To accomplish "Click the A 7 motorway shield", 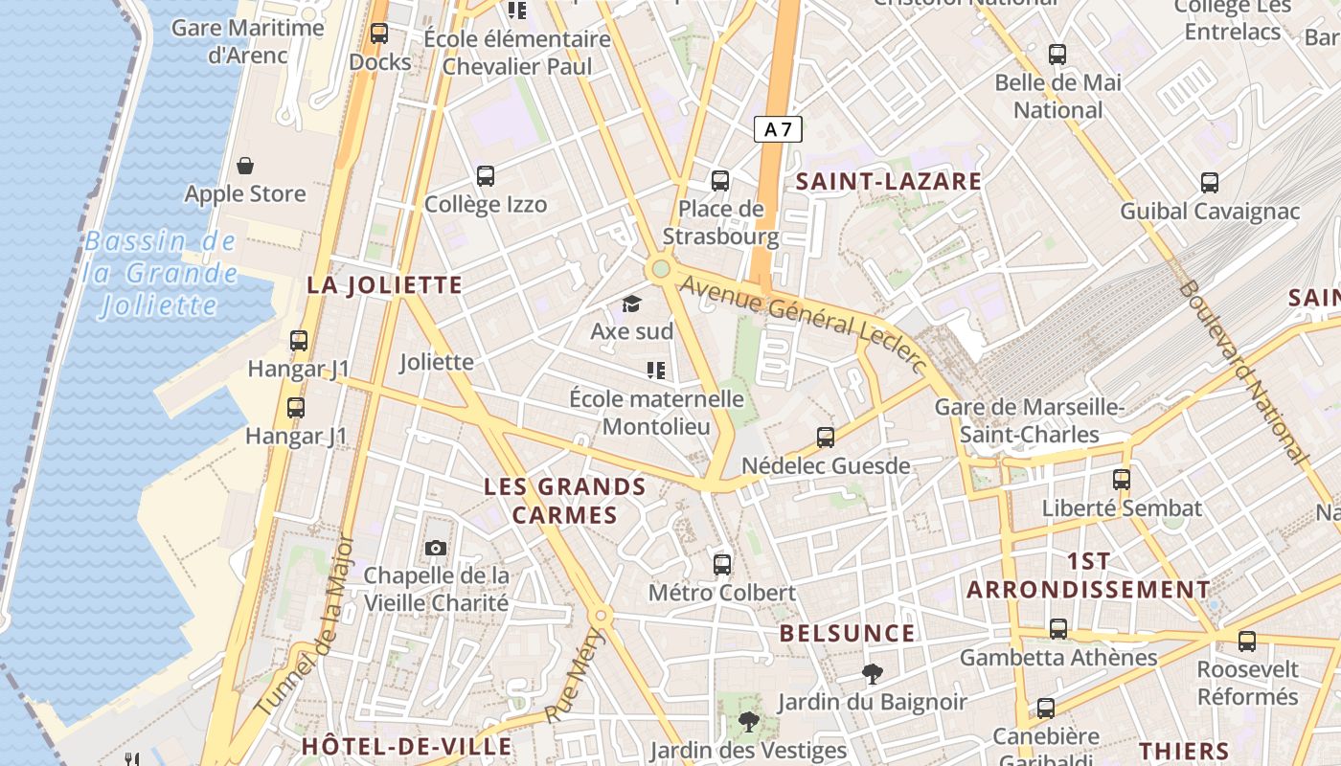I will click(x=777, y=129).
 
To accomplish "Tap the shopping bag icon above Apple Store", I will click(x=245, y=166).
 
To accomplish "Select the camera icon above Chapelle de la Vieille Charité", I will click(x=436, y=548).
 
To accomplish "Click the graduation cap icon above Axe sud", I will click(x=631, y=304).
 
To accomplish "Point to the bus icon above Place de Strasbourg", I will click(x=720, y=180).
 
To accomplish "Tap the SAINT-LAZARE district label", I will click(x=889, y=181).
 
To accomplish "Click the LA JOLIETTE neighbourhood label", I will click(x=384, y=285).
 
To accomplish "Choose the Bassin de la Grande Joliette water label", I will click(x=160, y=274).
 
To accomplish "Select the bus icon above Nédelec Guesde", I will click(x=826, y=438).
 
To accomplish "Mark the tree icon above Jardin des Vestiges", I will click(x=748, y=721).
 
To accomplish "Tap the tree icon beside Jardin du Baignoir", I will click(x=872, y=674).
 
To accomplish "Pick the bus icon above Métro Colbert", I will click(x=722, y=564).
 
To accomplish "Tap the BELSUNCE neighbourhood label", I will click(x=847, y=634).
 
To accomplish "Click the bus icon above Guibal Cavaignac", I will click(x=1210, y=182).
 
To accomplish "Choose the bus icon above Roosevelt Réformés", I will click(x=1246, y=641).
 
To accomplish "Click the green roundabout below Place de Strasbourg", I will click(x=660, y=268).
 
